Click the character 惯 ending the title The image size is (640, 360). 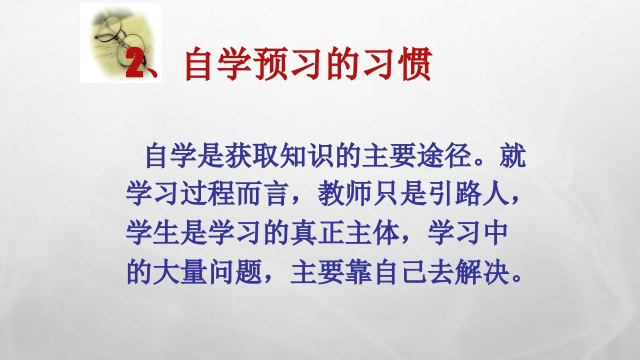click(413, 64)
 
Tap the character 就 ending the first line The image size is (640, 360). click(513, 156)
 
